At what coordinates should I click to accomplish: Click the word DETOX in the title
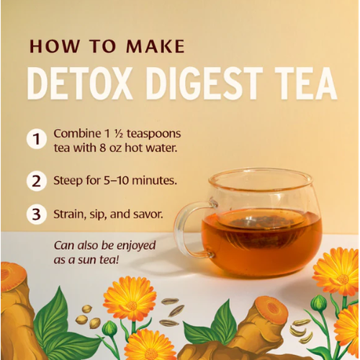point(80,83)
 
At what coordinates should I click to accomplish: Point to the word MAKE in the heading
point(156,46)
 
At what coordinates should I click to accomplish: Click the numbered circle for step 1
point(37,139)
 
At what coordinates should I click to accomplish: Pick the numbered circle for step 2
point(37,181)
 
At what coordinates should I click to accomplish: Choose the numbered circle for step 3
point(37,214)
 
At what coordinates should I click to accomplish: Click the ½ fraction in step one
point(119,134)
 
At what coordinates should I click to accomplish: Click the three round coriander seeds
point(88,316)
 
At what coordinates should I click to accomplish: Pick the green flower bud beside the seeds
point(109,328)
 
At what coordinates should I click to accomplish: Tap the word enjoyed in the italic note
point(136,246)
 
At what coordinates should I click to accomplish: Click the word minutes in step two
point(155,181)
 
